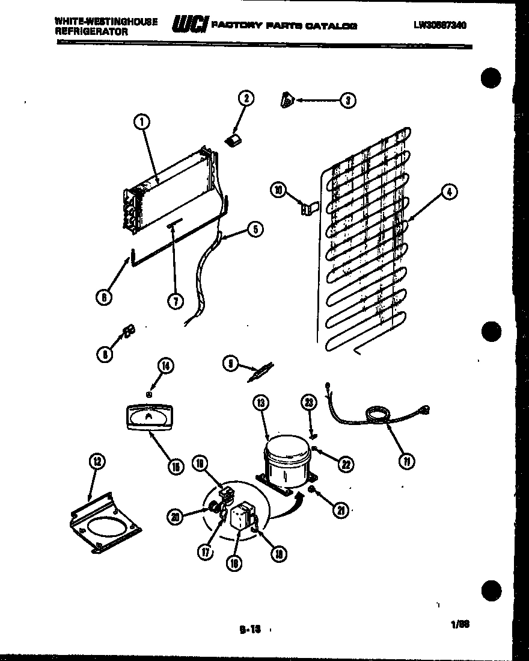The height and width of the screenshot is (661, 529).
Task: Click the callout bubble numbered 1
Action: point(142,123)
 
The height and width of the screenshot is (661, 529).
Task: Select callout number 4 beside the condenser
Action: point(449,192)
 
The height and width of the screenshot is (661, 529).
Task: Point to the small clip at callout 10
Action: point(307,208)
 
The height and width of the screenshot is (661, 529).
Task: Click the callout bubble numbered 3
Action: point(347,101)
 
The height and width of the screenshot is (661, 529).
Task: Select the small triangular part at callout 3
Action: point(287,101)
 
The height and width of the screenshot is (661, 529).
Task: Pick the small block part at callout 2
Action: point(233,141)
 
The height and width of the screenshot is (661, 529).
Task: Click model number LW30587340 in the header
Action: point(440,25)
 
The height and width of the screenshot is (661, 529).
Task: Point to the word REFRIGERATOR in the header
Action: point(91,32)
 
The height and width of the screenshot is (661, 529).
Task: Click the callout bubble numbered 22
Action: point(345,464)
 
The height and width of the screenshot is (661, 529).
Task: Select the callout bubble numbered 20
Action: point(175,515)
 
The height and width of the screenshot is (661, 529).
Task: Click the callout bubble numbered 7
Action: point(175,302)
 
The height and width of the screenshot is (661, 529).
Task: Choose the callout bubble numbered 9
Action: point(230,364)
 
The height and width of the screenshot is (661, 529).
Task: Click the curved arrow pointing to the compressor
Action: point(286,507)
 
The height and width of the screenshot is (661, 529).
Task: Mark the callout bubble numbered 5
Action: point(255,229)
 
